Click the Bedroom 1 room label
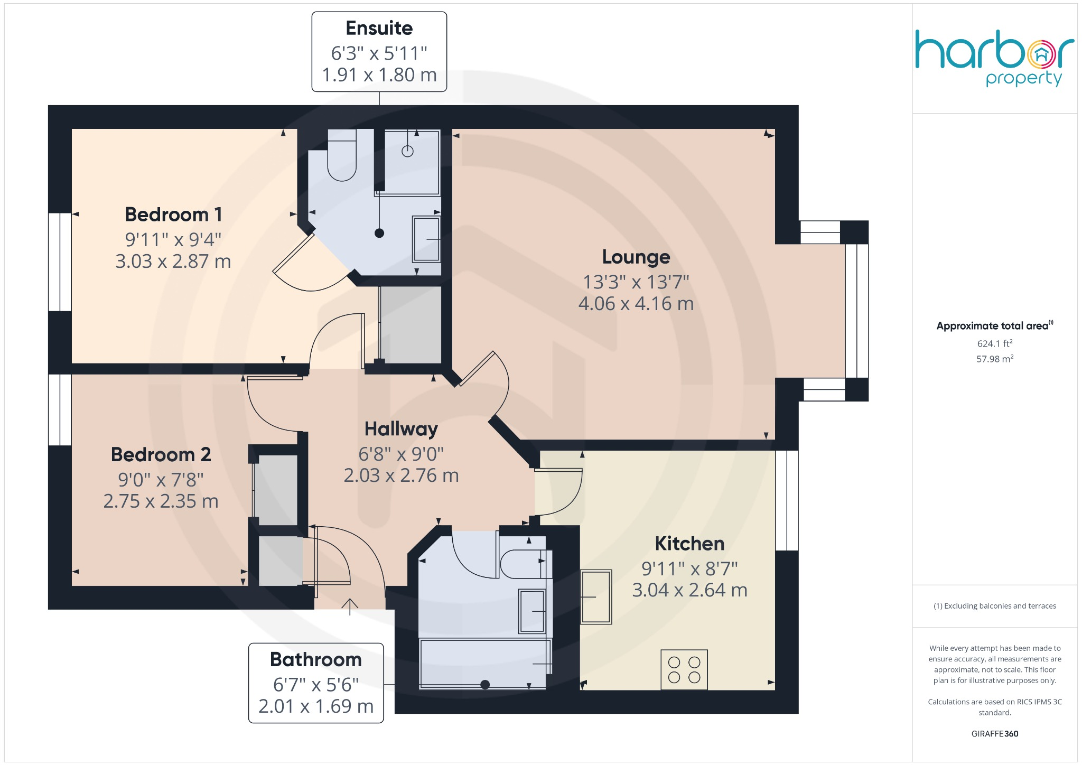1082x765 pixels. coord(173,214)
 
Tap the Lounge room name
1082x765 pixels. coord(636,257)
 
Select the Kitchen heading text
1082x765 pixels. coord(689,544)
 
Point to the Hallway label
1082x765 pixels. coord(401,429)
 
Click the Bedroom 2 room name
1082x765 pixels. coord(161,454)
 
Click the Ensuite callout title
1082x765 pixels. coord(379,28)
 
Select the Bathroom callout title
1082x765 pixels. coord(316,659)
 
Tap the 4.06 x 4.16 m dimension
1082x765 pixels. coord(636,304)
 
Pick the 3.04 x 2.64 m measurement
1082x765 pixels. coord(689,590)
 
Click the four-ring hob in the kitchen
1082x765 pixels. coord(684,669)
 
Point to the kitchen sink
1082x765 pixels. coord(596,596)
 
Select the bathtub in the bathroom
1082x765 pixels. coord(485,664)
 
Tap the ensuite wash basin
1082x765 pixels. coord(426,239)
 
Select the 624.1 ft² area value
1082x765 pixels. coord(995,343)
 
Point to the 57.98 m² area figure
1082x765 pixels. coord(995,359)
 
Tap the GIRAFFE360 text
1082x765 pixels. coord(995,733)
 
